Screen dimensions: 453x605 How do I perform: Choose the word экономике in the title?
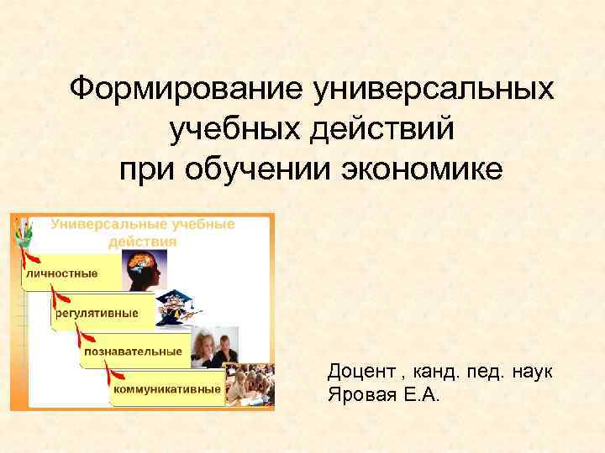[423, 170]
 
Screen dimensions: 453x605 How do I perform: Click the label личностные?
[62, 273]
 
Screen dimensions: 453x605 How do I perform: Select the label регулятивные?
[97, 313]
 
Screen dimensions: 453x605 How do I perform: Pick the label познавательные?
[133, 351]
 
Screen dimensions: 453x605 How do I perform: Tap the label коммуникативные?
[168, 389]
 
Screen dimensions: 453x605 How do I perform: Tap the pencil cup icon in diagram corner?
[24, 231]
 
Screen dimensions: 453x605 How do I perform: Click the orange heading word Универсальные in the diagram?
[110, 225]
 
